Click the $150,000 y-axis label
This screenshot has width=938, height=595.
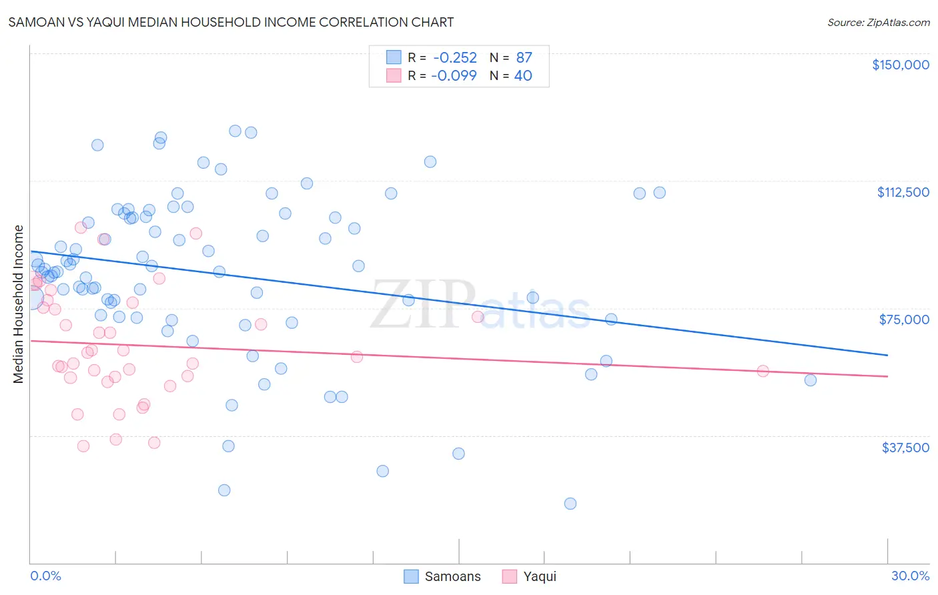tap(900, 65)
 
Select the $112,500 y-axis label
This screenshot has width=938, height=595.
tap(903, 192)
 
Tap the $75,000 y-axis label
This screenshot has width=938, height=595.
tap(904, 320)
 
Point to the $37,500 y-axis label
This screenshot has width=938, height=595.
tap(905, 448)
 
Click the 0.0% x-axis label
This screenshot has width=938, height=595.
tap(45, 576)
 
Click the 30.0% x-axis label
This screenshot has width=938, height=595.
tap(910, 576)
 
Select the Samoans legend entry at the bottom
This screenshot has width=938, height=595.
tap(443, 576)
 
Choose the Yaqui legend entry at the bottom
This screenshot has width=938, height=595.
tap(530, 576)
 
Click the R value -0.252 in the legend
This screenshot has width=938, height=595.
tap(454, 58)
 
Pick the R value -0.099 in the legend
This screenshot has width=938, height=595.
tap(454, 76)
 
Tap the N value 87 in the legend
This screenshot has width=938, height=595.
tap(524, 58)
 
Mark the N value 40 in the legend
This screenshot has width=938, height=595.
tap(523, 76)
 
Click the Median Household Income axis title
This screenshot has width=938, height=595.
tap(19, 304)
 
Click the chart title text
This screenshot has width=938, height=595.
tap(231, 22)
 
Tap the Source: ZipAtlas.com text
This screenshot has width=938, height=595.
tap(878, 22)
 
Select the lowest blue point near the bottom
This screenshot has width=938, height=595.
tap(570, 504)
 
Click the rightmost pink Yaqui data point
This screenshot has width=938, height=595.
tap(763, 371)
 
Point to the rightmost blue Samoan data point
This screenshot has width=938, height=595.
tap(811, 380)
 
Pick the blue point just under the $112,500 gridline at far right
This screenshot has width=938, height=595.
tap(659, 193)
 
